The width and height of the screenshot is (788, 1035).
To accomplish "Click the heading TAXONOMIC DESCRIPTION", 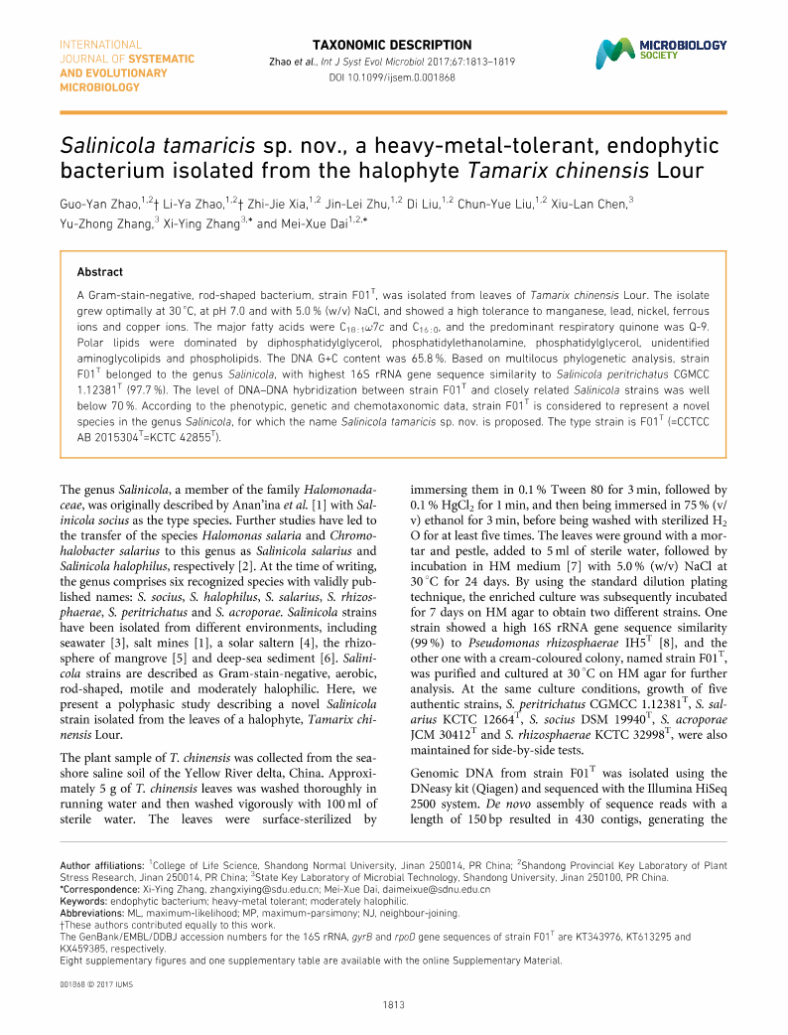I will click(x=392, y=45).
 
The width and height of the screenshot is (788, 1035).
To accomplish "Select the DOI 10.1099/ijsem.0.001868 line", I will click(x=392, y=76).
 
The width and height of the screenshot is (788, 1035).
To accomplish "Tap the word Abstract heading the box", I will click(x=100, y=271).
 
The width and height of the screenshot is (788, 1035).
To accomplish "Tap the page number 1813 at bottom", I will click(x=394, y=1005).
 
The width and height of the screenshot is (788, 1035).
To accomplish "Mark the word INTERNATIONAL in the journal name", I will click(x=100, y=45).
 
